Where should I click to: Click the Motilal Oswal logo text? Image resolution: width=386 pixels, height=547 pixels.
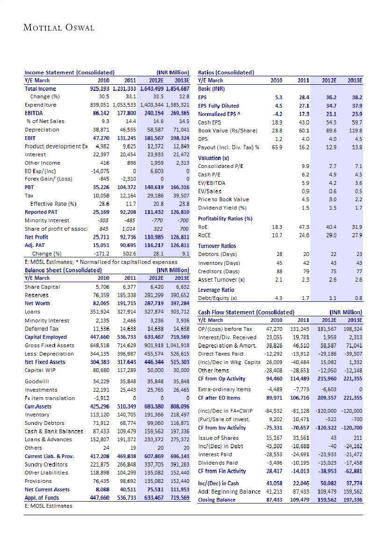59,28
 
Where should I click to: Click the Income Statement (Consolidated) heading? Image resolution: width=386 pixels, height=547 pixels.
70,73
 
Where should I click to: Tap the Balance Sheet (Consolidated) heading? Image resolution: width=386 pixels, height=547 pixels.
63,270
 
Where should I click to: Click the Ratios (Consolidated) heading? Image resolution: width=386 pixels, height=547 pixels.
226,73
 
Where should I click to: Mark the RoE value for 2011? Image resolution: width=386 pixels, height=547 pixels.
304,226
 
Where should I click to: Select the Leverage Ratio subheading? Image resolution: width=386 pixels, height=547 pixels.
216,290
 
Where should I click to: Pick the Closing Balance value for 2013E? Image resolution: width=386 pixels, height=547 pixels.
352,500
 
